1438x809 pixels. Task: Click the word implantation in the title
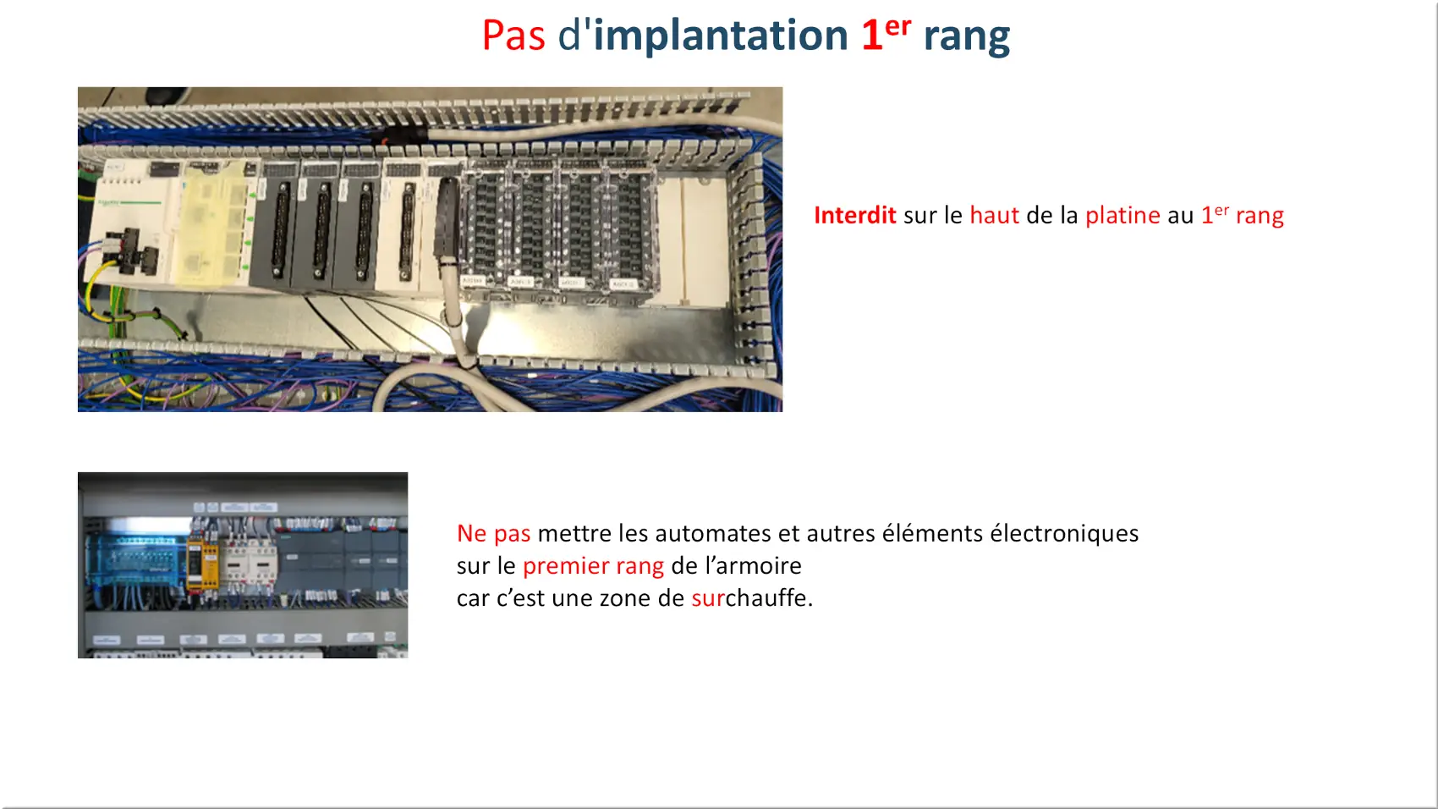pyautogui.click(x=721, y=36)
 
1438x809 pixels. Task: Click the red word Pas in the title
pyautogui.click(x=513, y=36)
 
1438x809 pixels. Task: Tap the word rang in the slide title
pyautogui.click(x=967, y=39)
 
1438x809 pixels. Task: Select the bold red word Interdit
pyautogui.click(x=854, y=215)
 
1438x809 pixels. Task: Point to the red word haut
pyautogui.click(x=995, y=215)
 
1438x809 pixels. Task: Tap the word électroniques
pyautogui.click(x=1064, y=534)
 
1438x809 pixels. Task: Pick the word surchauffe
pyautogui.click(x=752, y=597)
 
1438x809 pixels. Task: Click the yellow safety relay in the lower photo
pyautogui.click(x=202, y=564)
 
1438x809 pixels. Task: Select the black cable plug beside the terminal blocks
pyautogui.click(x=447, y=218)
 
